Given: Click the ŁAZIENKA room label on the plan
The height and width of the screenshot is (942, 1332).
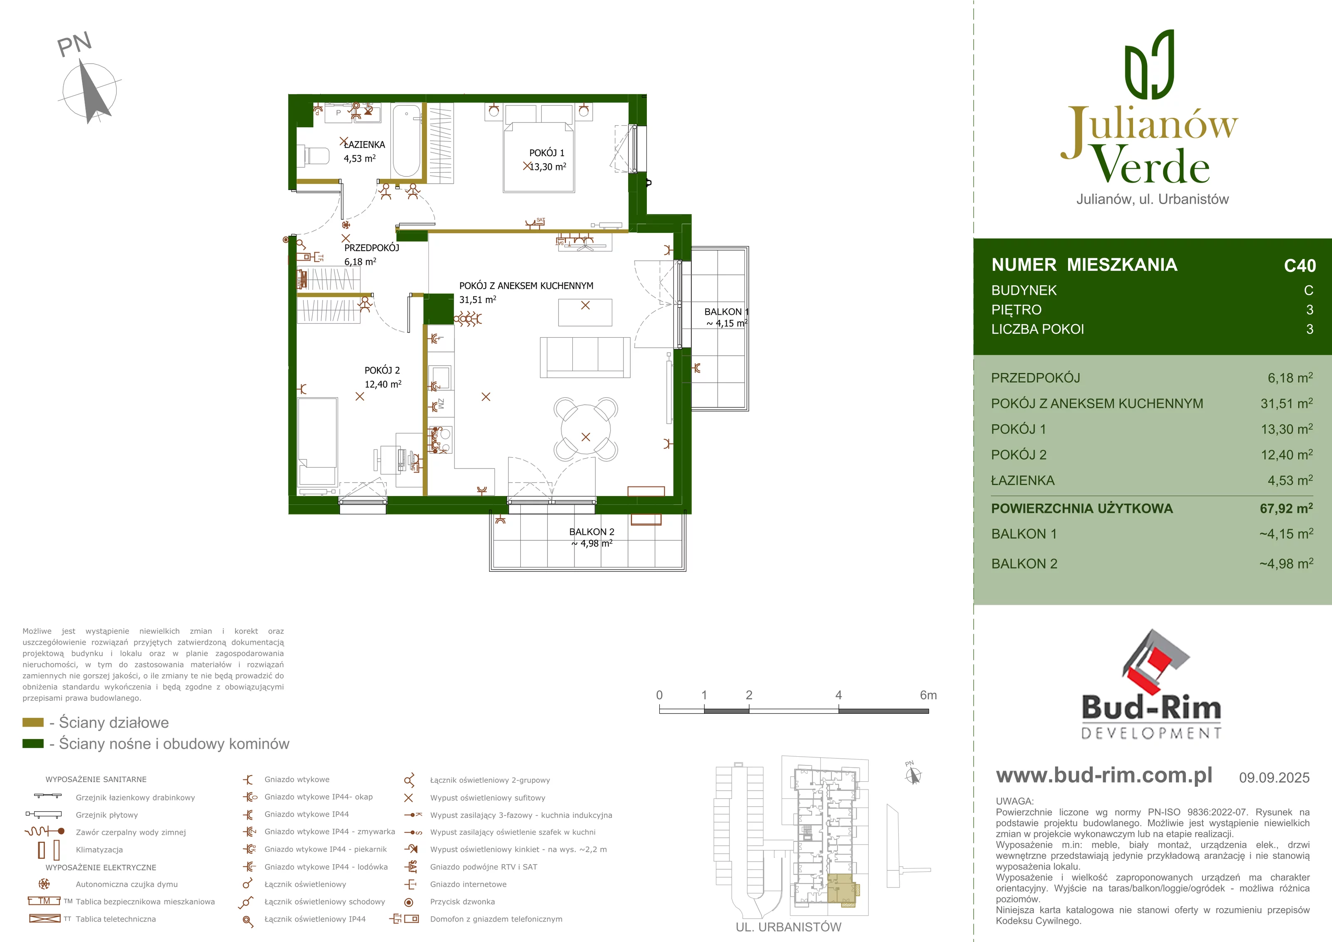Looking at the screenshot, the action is (364, 145).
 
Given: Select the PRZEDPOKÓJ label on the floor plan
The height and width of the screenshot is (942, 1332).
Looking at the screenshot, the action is (371, 248).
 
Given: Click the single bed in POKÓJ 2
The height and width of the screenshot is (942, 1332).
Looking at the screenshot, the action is (317, 441).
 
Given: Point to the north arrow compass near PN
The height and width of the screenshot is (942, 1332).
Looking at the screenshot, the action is (90, 92).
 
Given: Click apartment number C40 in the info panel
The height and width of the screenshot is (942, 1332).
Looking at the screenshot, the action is (1300, 266).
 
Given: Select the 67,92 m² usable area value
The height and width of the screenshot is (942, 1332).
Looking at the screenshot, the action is (1286, 508).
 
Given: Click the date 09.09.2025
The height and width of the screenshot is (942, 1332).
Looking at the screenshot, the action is (1274, 778).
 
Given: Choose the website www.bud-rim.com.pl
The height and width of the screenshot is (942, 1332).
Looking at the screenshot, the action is (1104, 775).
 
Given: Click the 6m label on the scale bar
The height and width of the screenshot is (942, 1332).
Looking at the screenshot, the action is (928, 695).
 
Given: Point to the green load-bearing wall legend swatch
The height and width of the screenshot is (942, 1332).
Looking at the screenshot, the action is (33, 743).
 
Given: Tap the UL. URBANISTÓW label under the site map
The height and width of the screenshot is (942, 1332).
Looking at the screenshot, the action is (788, 927).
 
